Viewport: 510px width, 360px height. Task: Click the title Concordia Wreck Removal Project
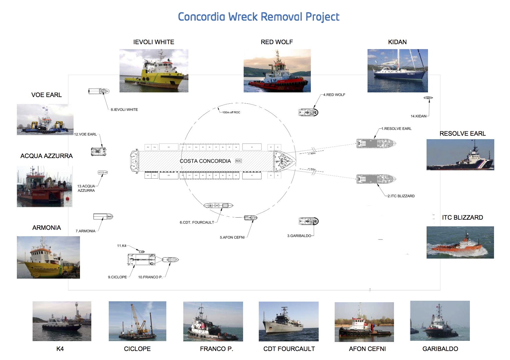click(x=258, y=17)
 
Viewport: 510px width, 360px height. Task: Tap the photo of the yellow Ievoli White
click(x=154, y=71)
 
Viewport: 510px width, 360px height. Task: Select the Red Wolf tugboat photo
click(x=277, y=71)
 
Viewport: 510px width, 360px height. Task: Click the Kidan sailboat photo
click(x=397, y=71)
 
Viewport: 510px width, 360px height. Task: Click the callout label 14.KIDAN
click(x=418, y=116)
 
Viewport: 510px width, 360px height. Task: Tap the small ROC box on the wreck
click(x=238, y=161)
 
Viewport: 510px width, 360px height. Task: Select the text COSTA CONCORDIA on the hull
click(x=205, y=161)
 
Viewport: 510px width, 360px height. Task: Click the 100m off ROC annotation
click(x=231, y=112)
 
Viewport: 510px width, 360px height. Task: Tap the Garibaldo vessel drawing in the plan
click(x=309, y=221)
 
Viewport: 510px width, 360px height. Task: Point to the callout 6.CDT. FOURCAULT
click(x=197, y=223)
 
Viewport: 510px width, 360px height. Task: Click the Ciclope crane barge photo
click(x=137, y=321)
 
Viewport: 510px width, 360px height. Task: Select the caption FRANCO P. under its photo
click(x=216, y=349)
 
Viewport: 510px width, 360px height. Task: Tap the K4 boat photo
click(x=62, y=321)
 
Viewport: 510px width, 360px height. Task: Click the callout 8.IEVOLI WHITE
click(x=124, y=110)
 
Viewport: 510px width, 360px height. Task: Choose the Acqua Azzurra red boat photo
click(x=44, y=187)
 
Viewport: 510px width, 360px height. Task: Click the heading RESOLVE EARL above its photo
click(x=462, y=134)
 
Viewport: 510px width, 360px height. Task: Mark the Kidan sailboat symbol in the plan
click(x=428, y=98)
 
